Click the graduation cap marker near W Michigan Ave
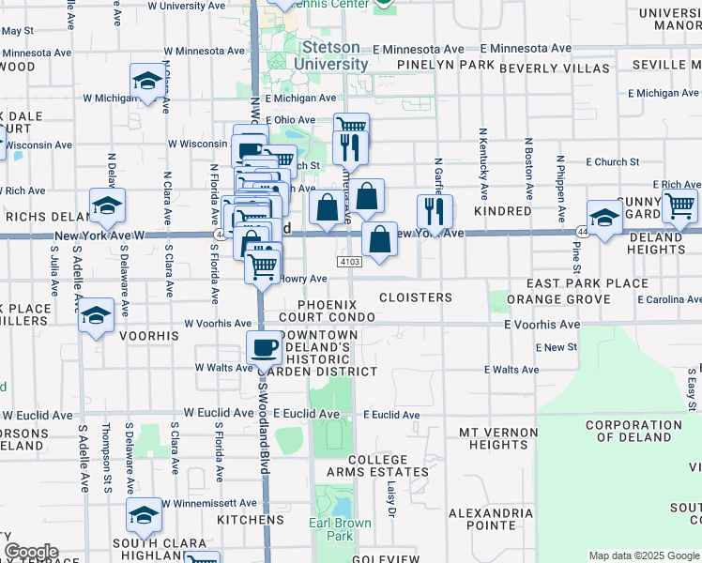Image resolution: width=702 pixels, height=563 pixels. coord(147,82)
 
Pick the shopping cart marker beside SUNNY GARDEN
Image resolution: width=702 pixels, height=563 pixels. coord(679,205)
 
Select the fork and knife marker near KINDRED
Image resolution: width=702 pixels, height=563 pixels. coord(435,212)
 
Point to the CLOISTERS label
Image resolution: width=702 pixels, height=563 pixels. coord(416,297)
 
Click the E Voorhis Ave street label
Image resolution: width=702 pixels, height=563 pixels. coord(541,324)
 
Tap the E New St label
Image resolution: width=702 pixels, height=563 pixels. coord(557,347)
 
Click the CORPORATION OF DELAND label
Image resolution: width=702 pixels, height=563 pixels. coord(633,431)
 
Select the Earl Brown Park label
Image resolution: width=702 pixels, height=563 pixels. coord(341,529)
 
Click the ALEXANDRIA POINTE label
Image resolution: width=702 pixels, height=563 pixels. coord(491,520)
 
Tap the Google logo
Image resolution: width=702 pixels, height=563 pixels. coord(31,552)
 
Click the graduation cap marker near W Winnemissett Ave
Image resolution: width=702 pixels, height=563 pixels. coord(144,516)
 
